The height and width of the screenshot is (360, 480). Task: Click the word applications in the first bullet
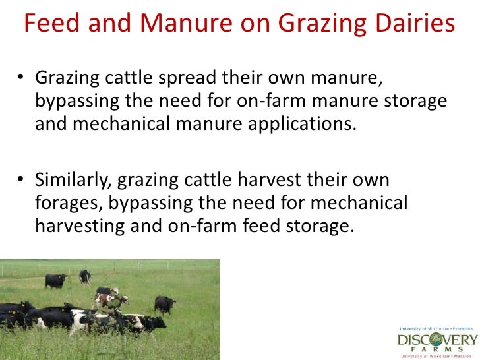coord(299,125)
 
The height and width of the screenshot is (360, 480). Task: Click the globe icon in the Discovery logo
coord(439,340)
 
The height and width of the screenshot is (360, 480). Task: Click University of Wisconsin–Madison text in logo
coord(439,357)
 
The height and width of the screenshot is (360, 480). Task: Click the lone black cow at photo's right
coord(164,304)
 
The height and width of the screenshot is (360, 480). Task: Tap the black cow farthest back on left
coord(56,280)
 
